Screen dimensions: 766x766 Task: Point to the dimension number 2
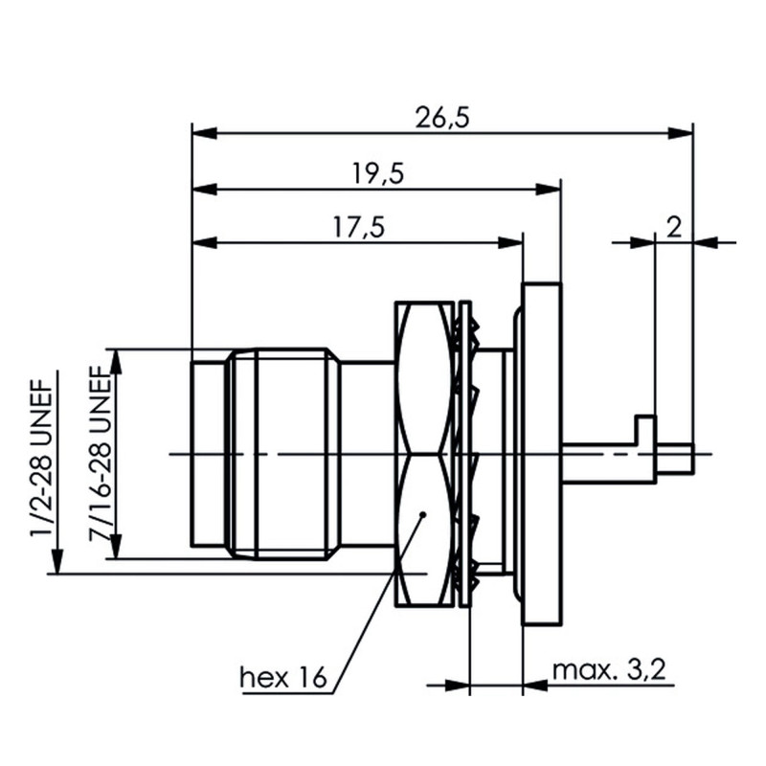[x=673, y=227]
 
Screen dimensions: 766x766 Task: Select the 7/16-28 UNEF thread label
[x=101, y=450]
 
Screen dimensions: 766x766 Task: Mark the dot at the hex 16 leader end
[x=422, y=516]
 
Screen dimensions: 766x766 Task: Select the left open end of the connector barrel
[x=193, y=454]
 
